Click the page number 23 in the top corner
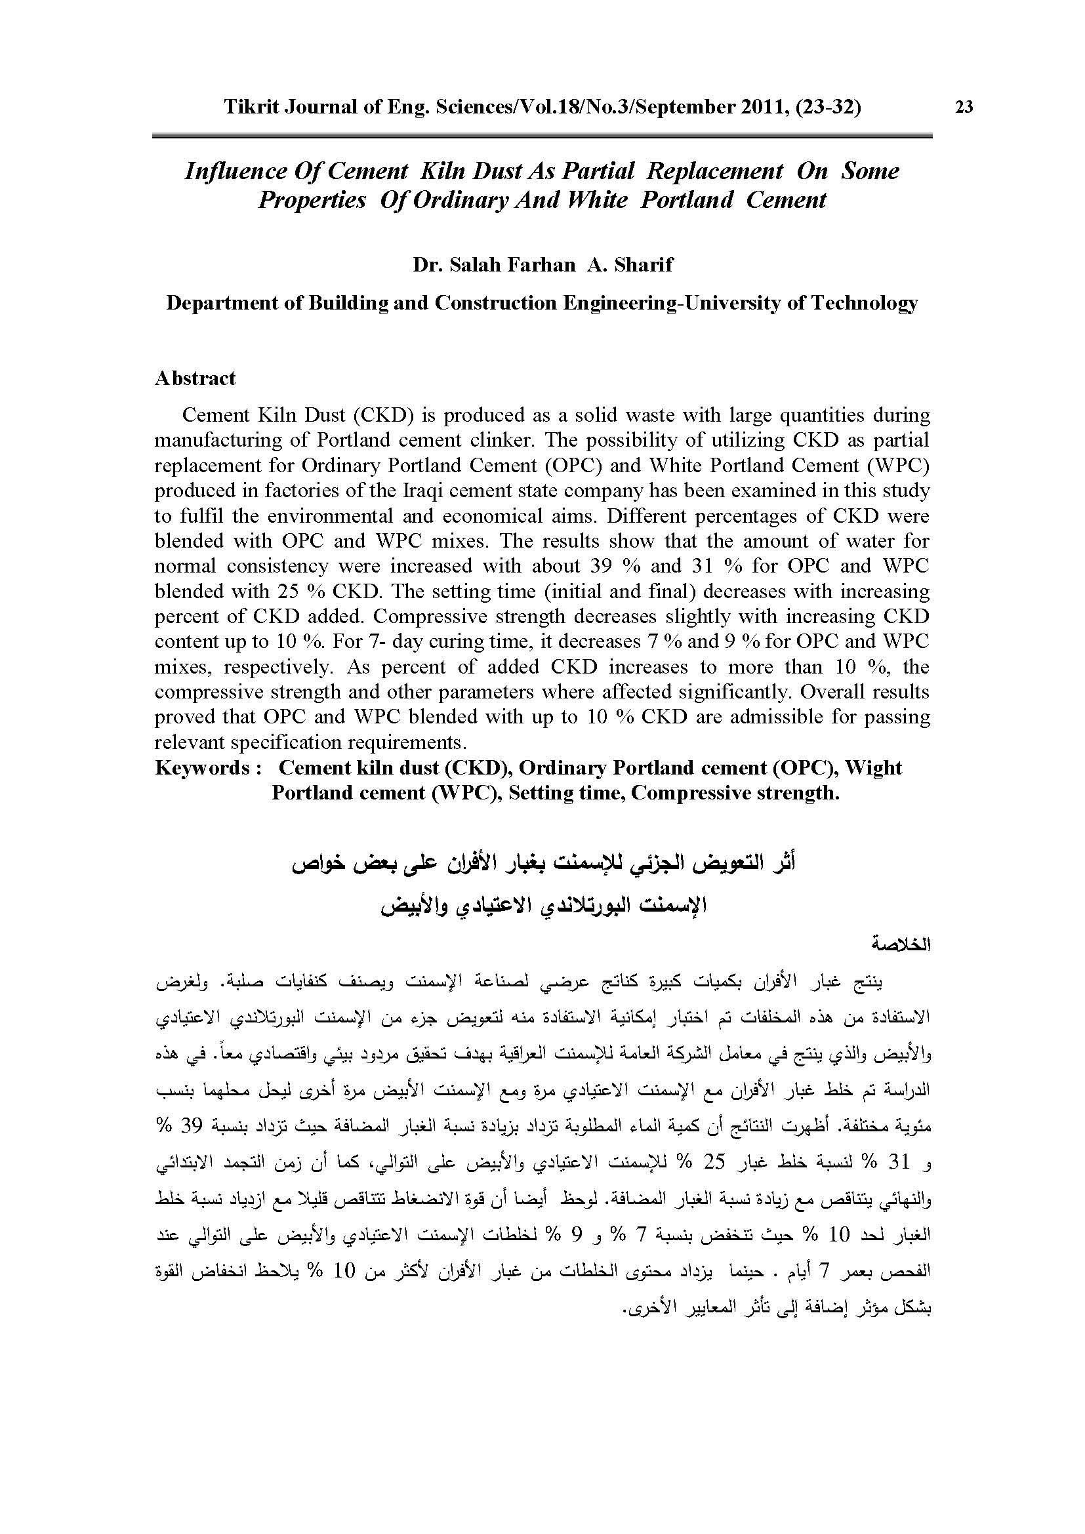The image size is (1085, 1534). (x=964, y=108)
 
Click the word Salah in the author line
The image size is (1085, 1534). (x=474, y=264)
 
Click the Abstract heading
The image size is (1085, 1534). (x=195, y=378)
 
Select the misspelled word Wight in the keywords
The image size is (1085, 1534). (x=873, y=768)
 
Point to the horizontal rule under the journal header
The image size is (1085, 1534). (x=542, y=136)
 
